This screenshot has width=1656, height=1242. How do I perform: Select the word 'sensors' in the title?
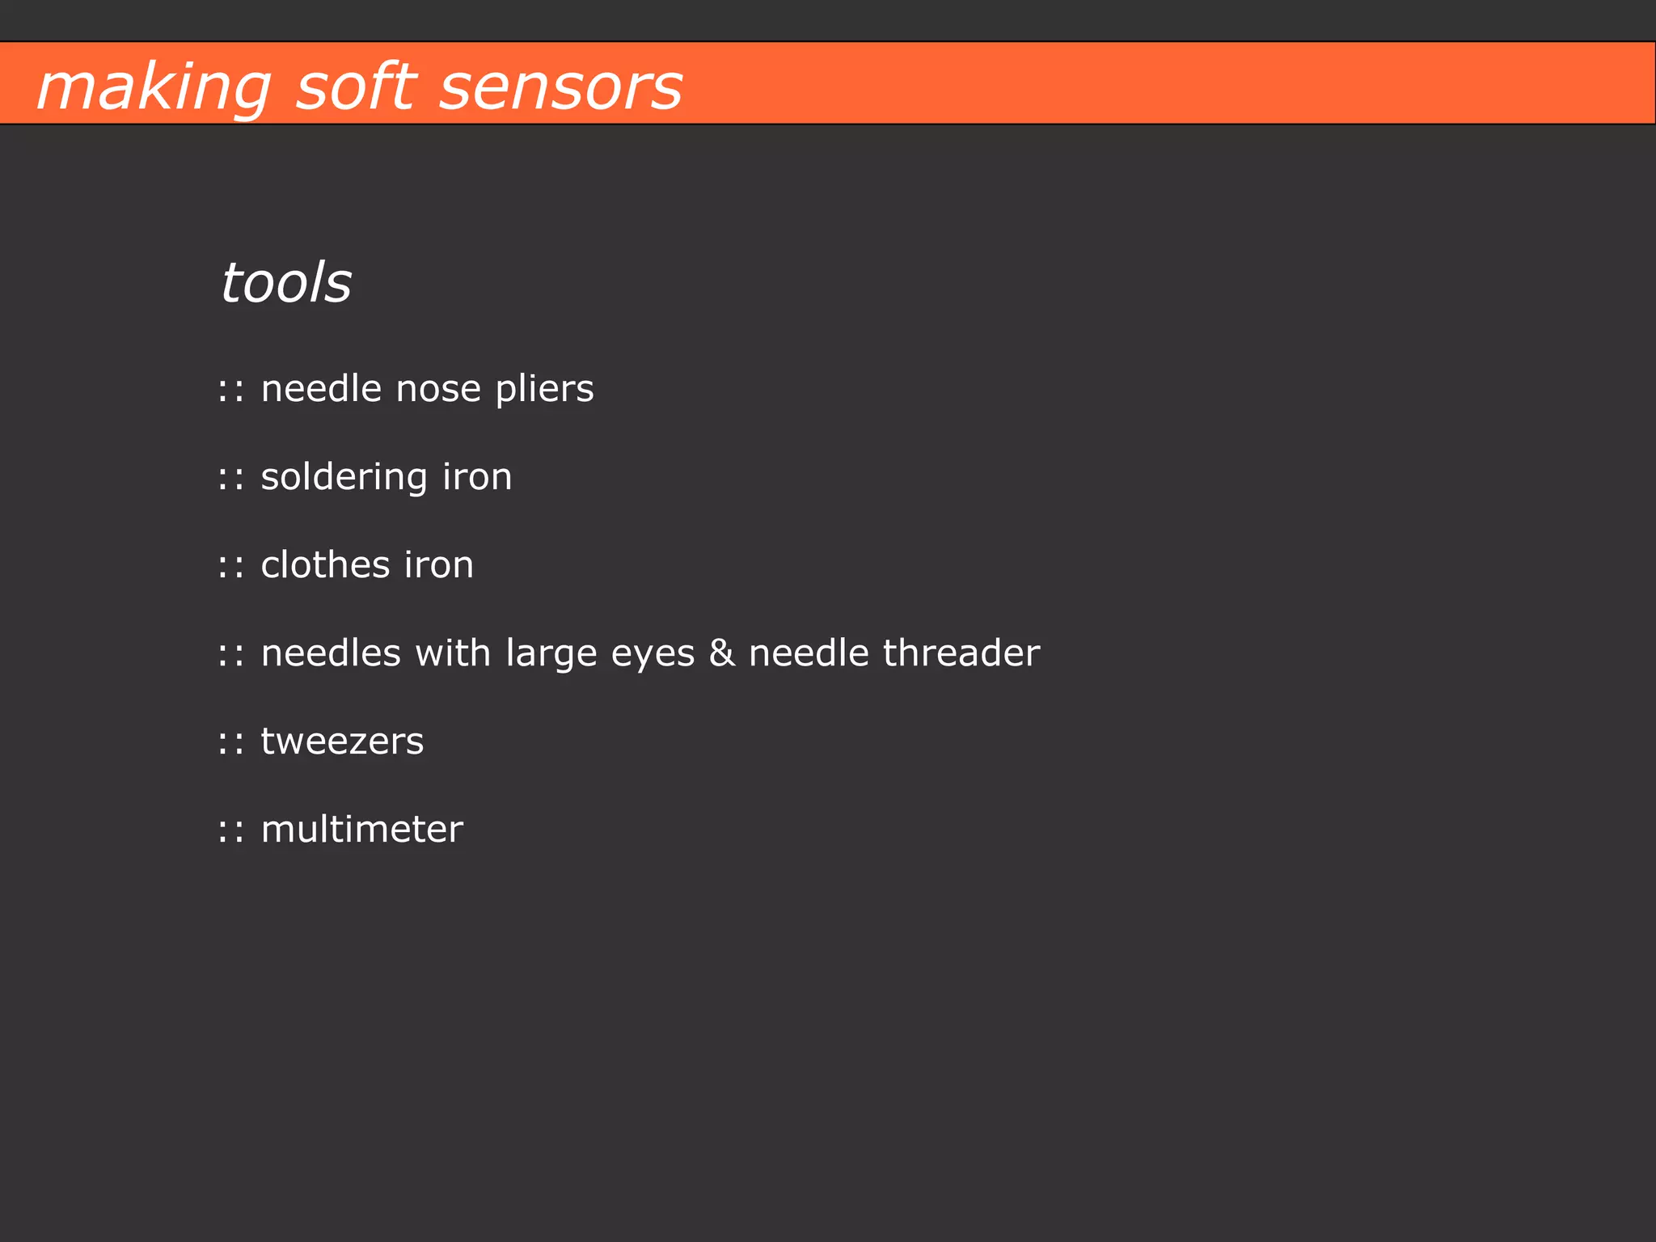point(561,87)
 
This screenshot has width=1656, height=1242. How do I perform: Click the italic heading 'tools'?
point(286,283)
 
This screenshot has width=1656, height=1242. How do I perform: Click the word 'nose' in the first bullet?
point(437,389)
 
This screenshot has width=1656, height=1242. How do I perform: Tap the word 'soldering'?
point(344,478)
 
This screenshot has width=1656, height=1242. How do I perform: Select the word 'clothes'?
point(325,564)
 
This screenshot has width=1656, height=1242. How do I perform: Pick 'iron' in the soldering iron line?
point(477,477)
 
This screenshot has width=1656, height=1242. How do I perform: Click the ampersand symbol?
point(722,653)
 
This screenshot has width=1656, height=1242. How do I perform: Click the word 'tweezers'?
point(342,741)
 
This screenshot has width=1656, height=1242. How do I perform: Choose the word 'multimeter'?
point(361,830)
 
